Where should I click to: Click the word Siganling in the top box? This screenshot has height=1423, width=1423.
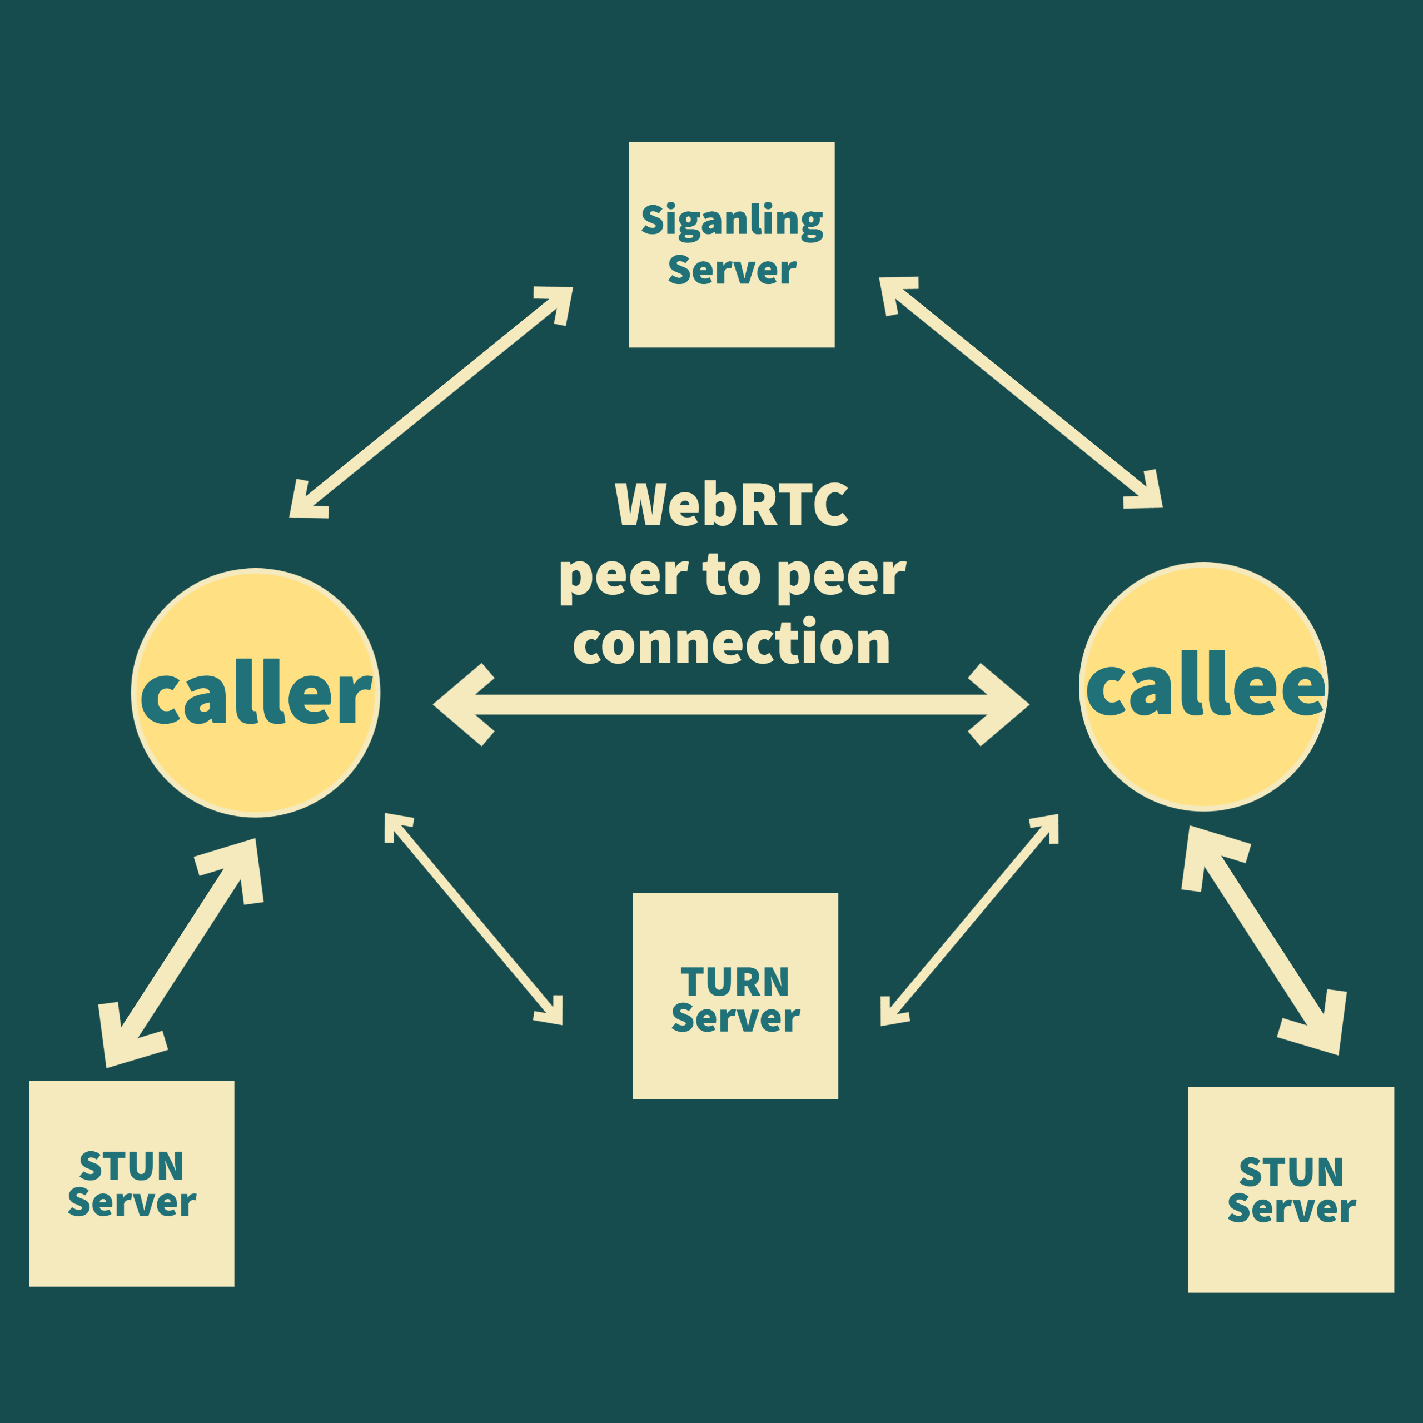(732, 221)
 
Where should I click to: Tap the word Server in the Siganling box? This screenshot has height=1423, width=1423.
(732, 270)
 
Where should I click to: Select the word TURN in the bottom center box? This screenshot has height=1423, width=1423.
(735, 983)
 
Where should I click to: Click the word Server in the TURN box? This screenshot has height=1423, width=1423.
(735, 1018)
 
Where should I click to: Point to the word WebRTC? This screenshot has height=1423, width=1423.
(732, 505)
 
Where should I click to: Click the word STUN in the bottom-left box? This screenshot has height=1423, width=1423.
(131, 1167)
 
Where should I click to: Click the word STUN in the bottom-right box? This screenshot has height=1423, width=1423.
(1291, 1172)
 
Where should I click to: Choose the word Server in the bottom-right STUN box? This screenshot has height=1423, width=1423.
(1291, 1208)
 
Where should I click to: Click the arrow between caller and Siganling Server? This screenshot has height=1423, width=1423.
(431, 402)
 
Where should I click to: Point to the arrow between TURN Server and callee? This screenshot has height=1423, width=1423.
(969, 920)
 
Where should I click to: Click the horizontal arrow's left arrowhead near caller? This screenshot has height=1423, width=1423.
(464, 705)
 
